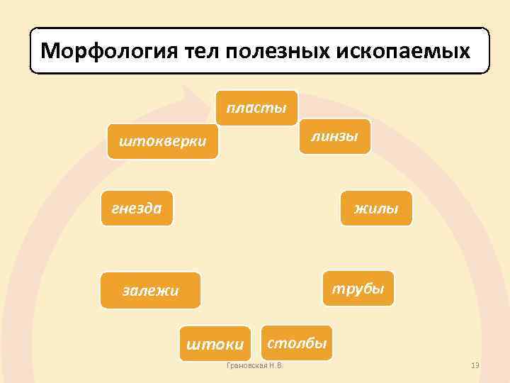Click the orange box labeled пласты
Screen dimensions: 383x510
coord(256,109)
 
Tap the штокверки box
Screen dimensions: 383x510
coord(163,142)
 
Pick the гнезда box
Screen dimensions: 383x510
coord(137,208)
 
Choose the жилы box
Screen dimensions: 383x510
coord(375,209)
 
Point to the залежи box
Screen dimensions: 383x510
coord(150,290)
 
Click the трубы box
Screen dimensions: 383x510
coord(358,289)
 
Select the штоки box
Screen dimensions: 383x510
coord(215,345)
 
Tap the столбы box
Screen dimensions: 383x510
coord(296,343)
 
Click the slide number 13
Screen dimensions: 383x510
coord(475,365)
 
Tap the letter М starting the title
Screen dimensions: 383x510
coord(49,51)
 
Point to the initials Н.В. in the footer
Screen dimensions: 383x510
coord(275,365)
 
